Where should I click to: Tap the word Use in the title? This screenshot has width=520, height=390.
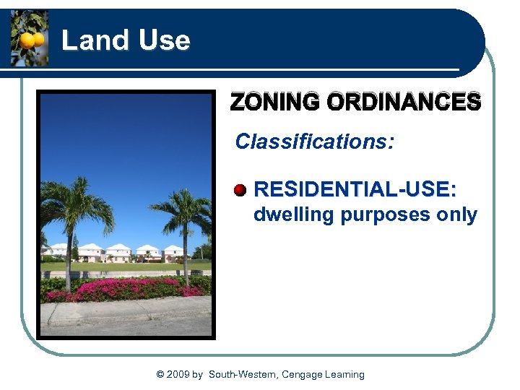point(164,40)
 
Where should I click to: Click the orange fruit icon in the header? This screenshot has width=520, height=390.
point(30,40)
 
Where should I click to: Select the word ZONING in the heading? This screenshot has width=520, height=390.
point(275,102)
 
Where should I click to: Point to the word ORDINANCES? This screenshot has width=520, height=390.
point(403,102)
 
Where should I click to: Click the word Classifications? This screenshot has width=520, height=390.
point(314,141)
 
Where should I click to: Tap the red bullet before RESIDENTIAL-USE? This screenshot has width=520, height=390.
point(240,190)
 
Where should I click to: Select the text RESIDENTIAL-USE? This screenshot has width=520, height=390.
point(355,190)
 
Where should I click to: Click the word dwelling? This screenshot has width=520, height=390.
point(293,215)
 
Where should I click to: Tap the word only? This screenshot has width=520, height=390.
point(457,215)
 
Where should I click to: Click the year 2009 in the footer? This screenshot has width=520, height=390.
point(178,374)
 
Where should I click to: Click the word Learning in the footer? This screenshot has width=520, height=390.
point(345,374)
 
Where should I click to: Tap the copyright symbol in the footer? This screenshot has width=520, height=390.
point(160,374)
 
